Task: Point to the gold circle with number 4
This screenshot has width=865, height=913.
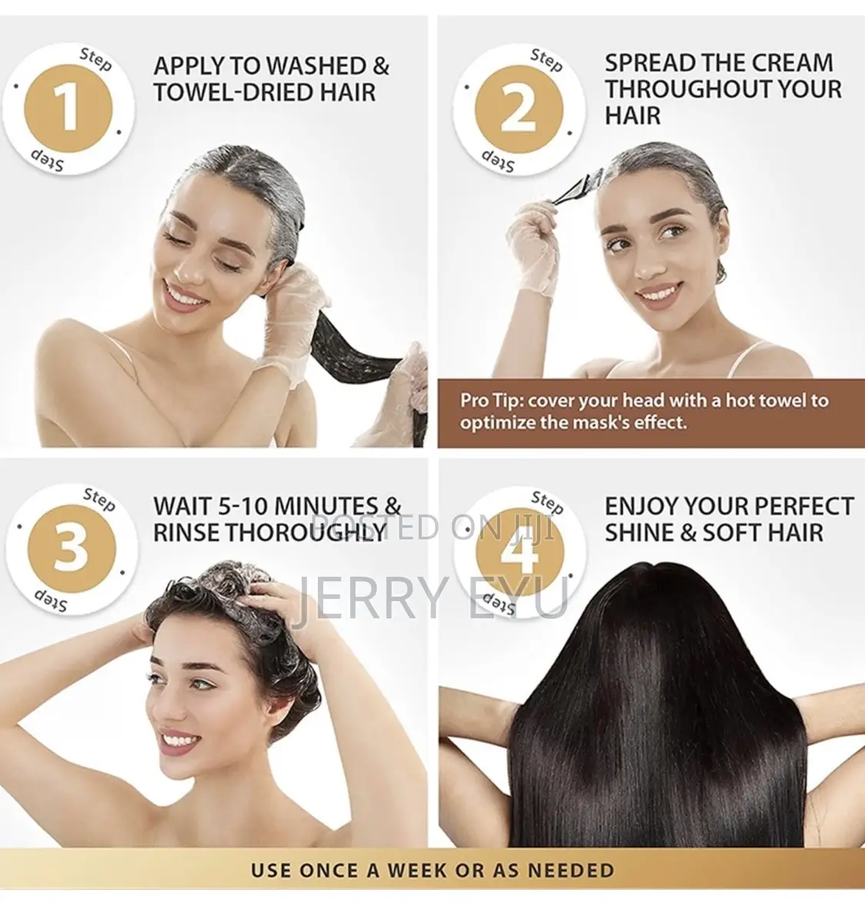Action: pos(518,550)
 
